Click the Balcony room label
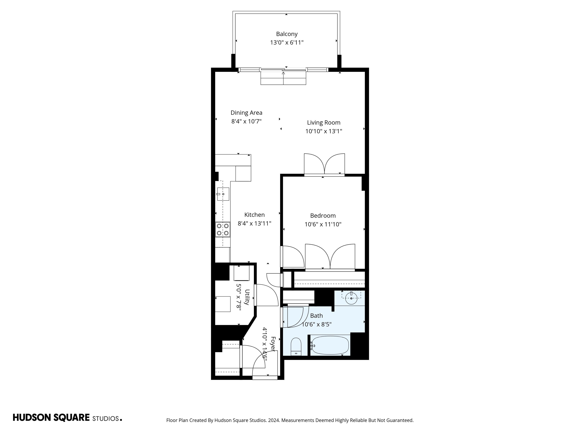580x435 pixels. pyautogui.click(x=287, y=34)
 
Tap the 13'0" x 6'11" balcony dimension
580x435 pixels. pyautogui.click(x=287, y=42)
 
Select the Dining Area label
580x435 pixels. pyautogui.click(x=246, y=113)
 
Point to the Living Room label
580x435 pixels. pyautogui.click(x=324, y=123)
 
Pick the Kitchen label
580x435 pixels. pyautogui.click(x=254, y=215)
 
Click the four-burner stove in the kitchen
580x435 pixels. pyautogui.click(x=223, y=229)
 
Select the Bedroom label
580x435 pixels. pyautogui.click(x=323, y=216)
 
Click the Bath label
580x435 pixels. pyautogui.click(x=316, y=316)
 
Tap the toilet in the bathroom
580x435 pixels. pyautogui.click(x=296, y=346)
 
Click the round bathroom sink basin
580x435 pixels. pyautogui.click(x=351, y=298)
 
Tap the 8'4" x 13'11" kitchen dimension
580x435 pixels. pyautogui.click(x=254, y=223)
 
